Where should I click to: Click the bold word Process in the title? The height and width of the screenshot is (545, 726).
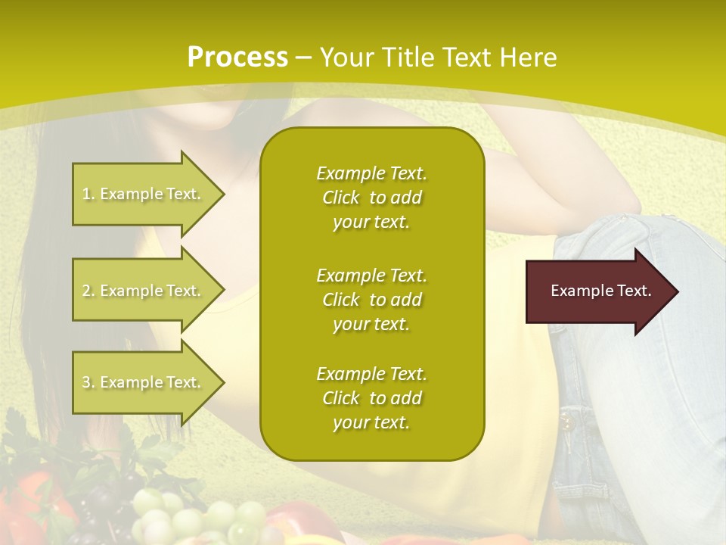tap(237, 58)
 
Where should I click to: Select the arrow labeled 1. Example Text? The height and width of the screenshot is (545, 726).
tap(144, 194)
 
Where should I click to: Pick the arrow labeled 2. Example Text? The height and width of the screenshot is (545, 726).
tap(144, 291)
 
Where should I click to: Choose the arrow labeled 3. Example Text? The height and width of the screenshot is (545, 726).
tap(144, 382)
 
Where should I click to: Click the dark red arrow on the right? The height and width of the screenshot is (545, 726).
tap(597, 291)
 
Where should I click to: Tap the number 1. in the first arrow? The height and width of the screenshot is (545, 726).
tap(88, 194)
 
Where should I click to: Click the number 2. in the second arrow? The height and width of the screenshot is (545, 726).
tap(88, 291)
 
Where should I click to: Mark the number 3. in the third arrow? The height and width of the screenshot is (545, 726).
tap(88, 382)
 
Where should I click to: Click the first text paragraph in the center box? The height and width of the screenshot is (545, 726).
tap(371, 198)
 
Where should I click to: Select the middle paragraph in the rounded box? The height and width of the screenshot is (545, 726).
tap(371, 300)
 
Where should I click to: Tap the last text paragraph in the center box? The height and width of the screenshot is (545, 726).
tap(371, 398)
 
